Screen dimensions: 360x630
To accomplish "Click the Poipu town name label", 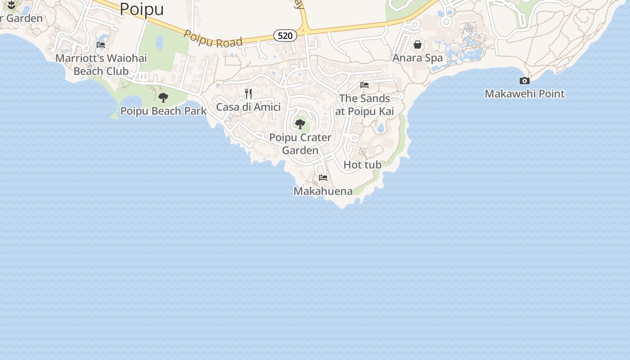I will tap(142, 9).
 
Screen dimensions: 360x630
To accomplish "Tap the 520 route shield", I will tap(285, 36).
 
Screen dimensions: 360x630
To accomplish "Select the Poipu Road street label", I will tap(213, 39).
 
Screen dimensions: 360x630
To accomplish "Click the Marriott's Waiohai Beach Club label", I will tap(101, 65).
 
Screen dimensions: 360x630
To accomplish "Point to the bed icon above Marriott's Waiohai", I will tap(101, 45).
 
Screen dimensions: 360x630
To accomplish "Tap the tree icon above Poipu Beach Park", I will tap(163, 97).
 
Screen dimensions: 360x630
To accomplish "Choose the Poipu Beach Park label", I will tap(163, 111).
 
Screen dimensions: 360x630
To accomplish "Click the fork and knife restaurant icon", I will tap(248, 94).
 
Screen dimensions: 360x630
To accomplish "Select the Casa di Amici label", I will tap(248, 107).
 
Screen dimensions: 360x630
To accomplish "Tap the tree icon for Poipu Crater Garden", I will tap(300, 124).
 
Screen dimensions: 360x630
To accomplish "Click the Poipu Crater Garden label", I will tap(300, 144).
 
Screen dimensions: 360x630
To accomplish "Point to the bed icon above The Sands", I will tap(364, 85).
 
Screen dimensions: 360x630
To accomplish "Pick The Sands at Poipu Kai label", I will tap(364, 105).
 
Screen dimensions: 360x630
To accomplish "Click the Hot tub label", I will tap(362, 165).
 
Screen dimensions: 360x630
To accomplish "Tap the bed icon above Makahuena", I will tap(323, 178).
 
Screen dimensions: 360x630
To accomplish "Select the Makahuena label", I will tap(323, 191).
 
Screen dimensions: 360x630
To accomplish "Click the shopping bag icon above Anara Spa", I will tap(418, 45).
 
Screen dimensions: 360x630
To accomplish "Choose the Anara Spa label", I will tap(418, 58).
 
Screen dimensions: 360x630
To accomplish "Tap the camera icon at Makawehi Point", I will tap(525, 81).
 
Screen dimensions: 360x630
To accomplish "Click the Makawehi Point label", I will tap(525, 94).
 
